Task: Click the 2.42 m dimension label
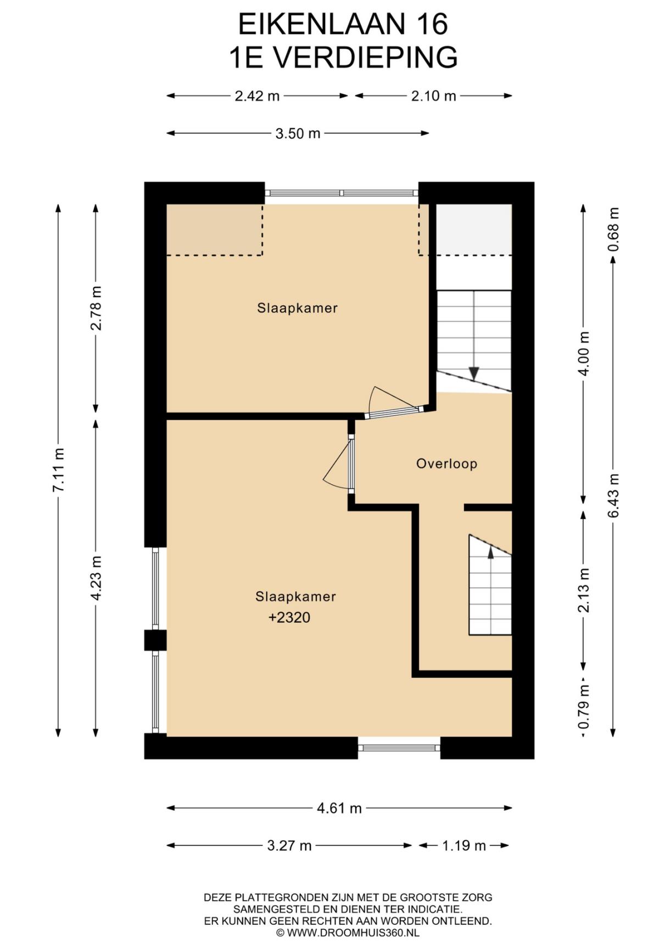coord(257,96)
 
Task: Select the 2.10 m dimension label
coord(434,96)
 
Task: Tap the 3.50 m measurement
coord(298,133)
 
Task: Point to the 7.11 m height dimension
coord(59,470)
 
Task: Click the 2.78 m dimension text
coord(96,308)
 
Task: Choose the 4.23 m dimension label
coord(96,578)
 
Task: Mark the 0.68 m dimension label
coord(613,229)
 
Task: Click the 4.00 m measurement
coord(584,354)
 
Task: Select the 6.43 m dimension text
coord(613,495)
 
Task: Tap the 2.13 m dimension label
coord(584,590)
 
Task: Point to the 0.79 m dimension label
coord(584,706)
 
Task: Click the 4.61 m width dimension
coord(339,808)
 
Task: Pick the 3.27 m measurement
coord(289,846)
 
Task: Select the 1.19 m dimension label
coord(464,846)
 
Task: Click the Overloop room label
coord(446,464)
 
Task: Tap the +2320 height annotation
coord(289,618)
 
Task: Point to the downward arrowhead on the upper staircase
coord(473,374)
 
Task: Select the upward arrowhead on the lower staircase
coord(490,552)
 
